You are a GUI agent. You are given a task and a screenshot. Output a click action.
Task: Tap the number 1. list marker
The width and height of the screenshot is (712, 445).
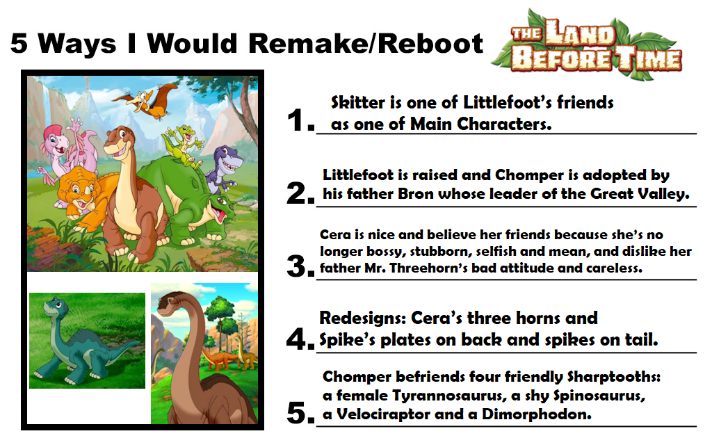click(x=300, y=120)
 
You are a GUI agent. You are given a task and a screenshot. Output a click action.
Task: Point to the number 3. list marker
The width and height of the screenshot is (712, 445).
click(x=300, y=266)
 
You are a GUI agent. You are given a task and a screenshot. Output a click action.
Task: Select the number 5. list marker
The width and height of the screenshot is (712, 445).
click(x=300, y=413)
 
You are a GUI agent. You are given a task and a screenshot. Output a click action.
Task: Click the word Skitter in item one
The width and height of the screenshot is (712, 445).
click(x=358, y=103)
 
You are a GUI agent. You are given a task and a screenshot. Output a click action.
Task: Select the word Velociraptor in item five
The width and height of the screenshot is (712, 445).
click(x=383, y=414)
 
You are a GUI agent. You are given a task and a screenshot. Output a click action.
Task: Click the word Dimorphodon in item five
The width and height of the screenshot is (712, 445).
click(x=536, y=414)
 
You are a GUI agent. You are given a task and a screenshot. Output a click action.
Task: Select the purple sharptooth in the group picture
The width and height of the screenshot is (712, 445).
click(x=225, y=168)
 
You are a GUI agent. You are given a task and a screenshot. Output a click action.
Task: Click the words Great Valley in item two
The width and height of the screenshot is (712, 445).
click(x=639, y=194)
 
